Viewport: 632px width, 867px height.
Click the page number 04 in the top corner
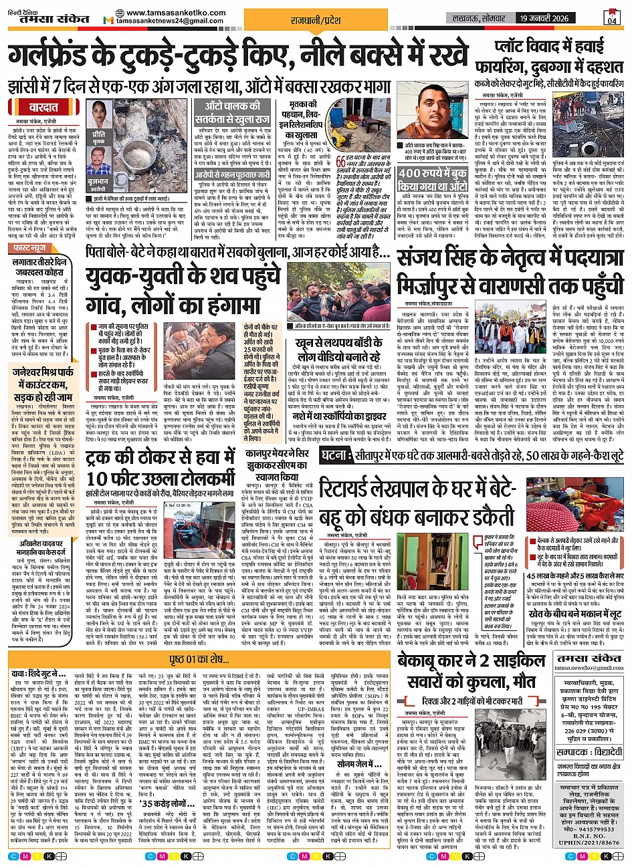point(611,19)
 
